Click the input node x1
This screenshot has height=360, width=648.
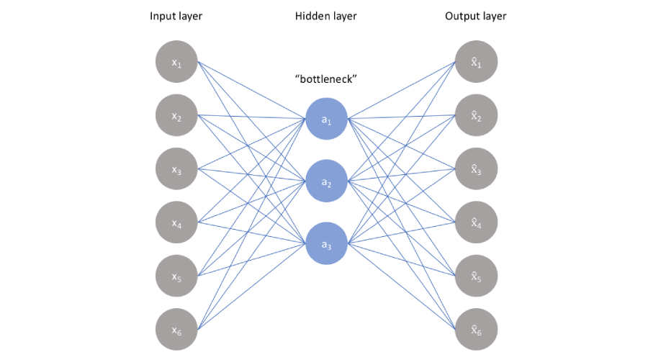click(x=176, y=63)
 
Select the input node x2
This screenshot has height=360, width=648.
click(x=176, y=116)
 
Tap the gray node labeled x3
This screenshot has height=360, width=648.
click(x=176, y=169)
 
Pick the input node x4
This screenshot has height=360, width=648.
click(x=176, y=222)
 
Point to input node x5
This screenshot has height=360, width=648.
click(x=176, y=276)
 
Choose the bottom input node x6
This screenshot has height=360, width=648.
click(x=176, y=329)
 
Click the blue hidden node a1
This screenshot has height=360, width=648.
click(x=326, y=119)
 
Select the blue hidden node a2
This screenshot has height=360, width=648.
click(x=326, y=181)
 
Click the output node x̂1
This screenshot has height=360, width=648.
click(x=476, y=63)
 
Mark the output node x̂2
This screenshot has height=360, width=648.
click(x=476, y=116)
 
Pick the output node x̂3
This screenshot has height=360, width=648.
click(x=476, y=169)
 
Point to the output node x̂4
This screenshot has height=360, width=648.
click(x=476, y=222)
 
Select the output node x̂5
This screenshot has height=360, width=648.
click(x=476, y=276)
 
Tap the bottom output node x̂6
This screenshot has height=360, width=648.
click(x=476, y=329)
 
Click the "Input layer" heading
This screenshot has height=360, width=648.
click(x=176, y=17)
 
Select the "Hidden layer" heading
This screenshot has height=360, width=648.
click(x=326, y=17)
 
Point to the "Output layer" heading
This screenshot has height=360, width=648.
click(x=474, y=17)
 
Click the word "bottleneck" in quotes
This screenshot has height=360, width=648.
click(x=326, y=80)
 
